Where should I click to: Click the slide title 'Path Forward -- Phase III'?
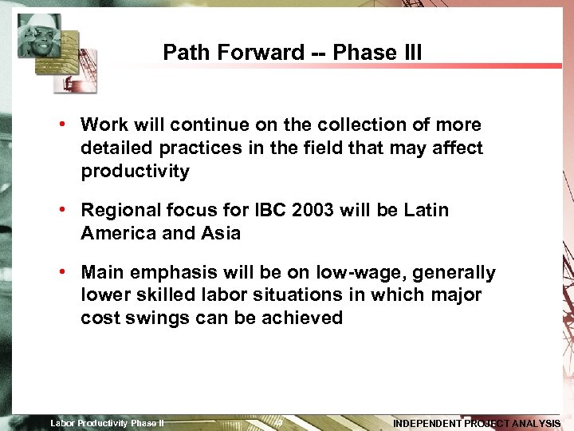point(292,53)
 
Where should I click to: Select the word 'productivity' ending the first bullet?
point(135,172)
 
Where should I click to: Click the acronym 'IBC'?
point(273,211)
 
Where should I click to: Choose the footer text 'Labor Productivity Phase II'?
point(107,423)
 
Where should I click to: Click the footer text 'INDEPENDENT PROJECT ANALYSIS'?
point(477,423)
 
